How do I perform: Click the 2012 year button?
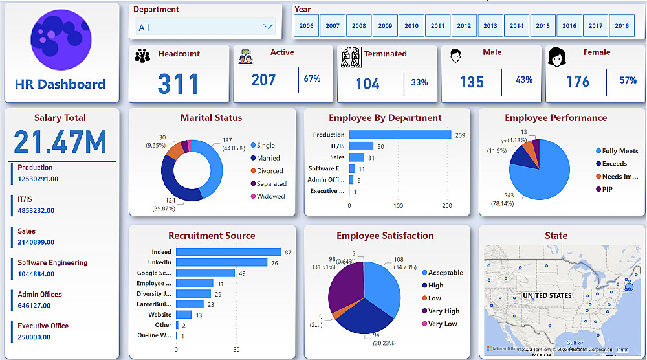(x=464, y=26)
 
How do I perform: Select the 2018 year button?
(x=622, y=26)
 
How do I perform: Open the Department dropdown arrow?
(x=269, y=27)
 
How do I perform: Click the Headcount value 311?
(x=179, y=84)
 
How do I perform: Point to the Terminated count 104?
(x=367, y=83)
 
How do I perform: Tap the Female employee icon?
(x=556, y=57)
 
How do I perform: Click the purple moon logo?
(x=61, y=39)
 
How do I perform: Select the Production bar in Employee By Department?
(x=400, y=135)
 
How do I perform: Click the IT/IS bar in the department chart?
(x=361, y=146)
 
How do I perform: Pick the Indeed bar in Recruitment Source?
(x=228, y=252)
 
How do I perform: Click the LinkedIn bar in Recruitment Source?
(x=221, y=262)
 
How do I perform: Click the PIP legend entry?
(x=607, y=189)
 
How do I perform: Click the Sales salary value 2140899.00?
(x=36, y=242)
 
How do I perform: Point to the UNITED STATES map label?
(x=547, y=295)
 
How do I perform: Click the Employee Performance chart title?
(x=556, y=118)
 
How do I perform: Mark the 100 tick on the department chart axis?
(x=398, y=206)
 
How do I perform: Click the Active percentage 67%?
(x=312, y=79)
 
